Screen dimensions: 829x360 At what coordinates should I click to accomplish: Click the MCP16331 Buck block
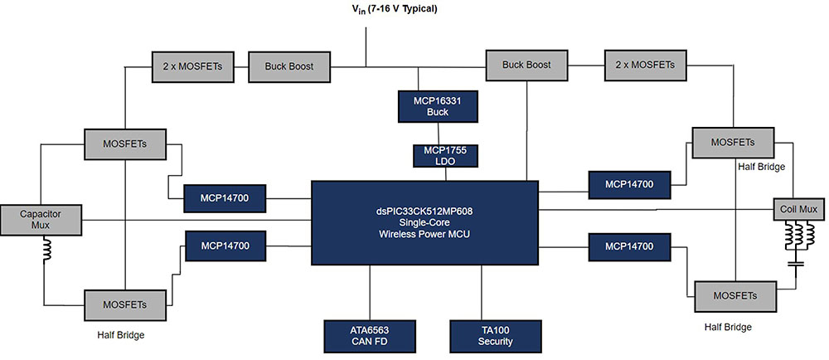(x=438, y=107)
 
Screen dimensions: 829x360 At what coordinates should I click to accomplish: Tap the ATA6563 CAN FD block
(x=370, y=336)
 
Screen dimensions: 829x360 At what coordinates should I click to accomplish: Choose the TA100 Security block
(x=496, y=336)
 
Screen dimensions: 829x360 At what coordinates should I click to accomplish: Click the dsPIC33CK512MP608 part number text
(x=424, y=212)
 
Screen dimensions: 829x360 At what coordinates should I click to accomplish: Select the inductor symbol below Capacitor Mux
(x=45, y=249)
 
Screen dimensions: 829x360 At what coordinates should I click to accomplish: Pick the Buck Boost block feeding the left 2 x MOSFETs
(x=288, y=66)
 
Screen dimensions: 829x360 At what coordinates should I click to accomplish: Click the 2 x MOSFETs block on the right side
(x=645, y=65)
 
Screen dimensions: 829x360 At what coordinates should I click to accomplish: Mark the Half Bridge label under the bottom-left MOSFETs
(x=120, y=335)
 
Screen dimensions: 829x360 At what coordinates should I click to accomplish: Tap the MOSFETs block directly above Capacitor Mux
(x=125, y=144)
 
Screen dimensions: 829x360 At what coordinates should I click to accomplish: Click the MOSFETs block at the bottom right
(x=734, y=295)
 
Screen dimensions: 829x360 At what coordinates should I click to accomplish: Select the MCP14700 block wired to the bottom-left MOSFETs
(x=225, y=246)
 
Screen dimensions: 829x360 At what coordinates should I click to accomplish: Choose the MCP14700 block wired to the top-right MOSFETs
(x=629, y=184)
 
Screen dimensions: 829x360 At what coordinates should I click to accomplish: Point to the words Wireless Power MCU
(x=424, y=233)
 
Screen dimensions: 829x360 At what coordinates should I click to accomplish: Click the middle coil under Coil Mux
(x=795, y=236)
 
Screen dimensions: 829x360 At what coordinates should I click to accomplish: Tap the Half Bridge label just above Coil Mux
(x=761, y=167)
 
